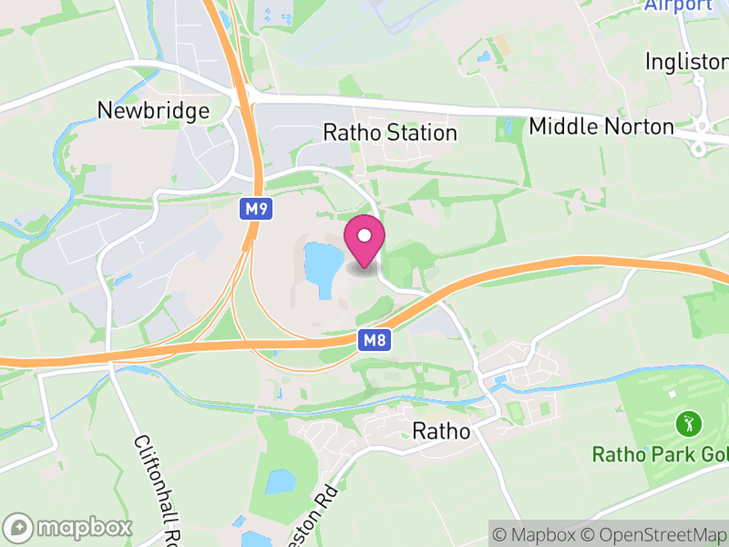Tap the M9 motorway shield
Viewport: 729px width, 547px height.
[257, 210]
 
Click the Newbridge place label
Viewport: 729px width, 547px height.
[153, 110]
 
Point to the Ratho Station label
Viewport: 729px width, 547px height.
[390, 133]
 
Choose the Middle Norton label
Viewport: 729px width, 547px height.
[601, 127]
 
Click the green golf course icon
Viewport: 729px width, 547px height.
[689, 423]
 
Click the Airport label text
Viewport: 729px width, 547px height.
[678, 5]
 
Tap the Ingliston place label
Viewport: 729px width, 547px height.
[686, 61]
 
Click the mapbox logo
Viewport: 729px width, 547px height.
[69, 527]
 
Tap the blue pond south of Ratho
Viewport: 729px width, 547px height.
[281, 480]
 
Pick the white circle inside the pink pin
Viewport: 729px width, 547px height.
[364, 236]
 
